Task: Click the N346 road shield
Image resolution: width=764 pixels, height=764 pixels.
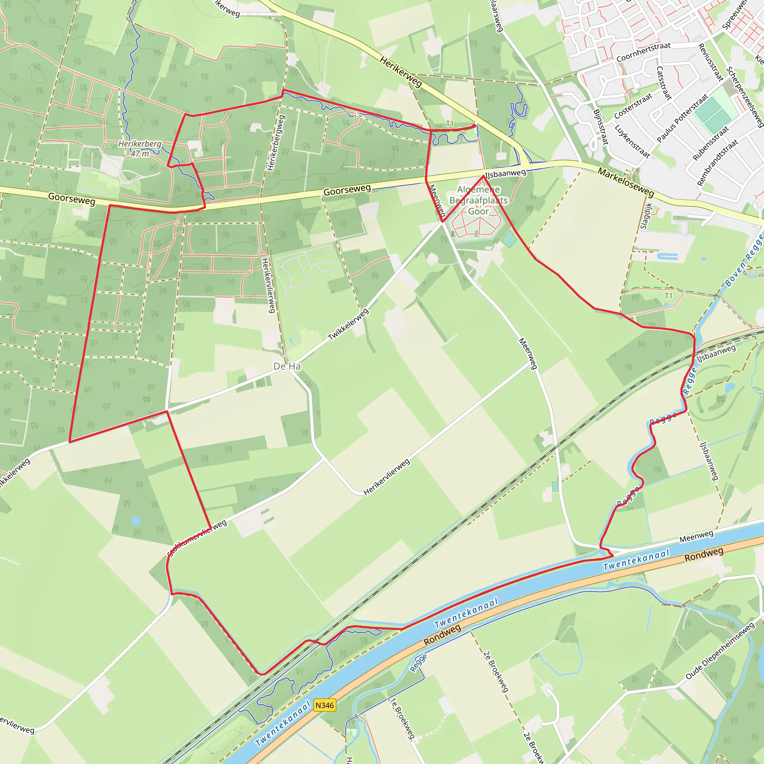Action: pos(325,705)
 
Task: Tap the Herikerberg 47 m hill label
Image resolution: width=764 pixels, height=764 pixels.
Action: pos(140,148)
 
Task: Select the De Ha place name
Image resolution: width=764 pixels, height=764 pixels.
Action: pos(287,367)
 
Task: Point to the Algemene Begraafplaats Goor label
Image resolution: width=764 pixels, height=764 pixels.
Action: pos(479,200)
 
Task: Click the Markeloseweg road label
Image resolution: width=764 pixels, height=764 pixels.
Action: pos(626,182)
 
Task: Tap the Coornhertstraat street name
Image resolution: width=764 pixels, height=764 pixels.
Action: pos(644,52)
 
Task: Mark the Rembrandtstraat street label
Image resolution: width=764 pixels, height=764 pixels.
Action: pos(717,163)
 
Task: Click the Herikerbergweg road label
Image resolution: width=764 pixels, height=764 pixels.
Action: pos(276,143)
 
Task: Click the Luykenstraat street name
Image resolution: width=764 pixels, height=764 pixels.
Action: pos(632,141)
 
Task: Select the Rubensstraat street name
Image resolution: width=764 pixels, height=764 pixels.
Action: pos(711,143)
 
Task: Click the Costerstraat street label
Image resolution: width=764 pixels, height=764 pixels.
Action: pos(633,106)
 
